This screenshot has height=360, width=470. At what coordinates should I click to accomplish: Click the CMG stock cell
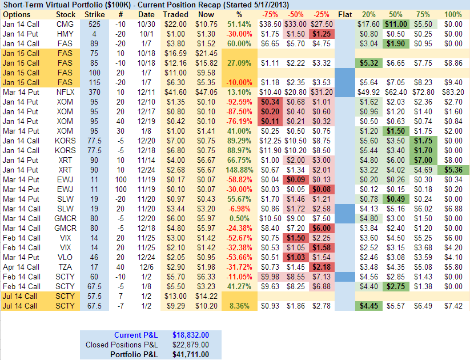click(x=66, y=25)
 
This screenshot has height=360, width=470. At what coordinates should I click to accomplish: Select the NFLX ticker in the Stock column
click(x=66, y=91)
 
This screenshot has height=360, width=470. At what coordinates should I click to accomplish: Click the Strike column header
click(x=94, y=14)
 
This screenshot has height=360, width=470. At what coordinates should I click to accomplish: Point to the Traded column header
click(x=175, y=14)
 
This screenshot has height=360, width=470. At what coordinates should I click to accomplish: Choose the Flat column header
click(x=345, y=14)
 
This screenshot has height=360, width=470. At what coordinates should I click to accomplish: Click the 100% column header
click(x=453, y=14)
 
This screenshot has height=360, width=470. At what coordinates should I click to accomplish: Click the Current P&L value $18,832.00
click(x=191, y=335)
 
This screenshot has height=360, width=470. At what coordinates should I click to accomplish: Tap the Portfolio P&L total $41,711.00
click(x=191, y=355)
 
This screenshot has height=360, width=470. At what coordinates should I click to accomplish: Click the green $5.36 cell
click(x=453, y=170)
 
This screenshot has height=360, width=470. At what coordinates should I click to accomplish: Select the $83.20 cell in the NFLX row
click(x=453, y=91)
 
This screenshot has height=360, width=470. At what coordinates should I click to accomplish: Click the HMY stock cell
click(x=66, y=34)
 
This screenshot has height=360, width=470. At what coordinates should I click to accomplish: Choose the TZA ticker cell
click(x=66, y=267)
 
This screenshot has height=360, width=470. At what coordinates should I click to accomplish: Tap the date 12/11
click(x=146, y=91)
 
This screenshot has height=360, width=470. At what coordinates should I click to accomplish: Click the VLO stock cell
click(x=66, y=257)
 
